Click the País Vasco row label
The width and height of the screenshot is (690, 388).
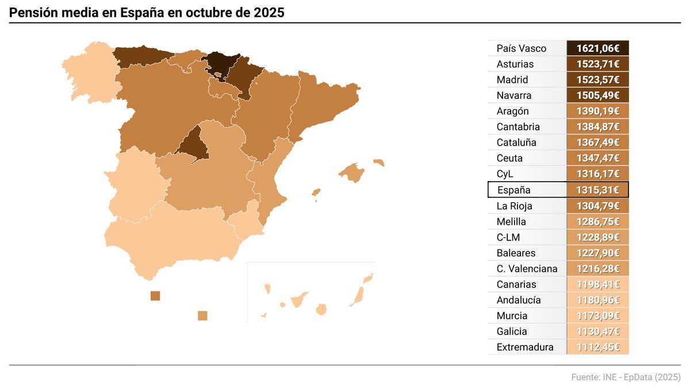(x=521, y=48)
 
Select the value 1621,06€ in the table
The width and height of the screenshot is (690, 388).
(x=597, y=48)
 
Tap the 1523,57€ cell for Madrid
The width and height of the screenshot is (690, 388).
(x=597, y=80)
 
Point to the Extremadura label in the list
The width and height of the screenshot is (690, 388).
(x=524, y=347)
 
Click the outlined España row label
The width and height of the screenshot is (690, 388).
(x=514, y=190)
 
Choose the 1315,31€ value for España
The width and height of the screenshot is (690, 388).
(x=597, y=190)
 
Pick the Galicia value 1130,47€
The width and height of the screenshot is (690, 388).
(x=597, y=332)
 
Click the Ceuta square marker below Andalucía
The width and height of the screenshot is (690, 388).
(x=155, y=295)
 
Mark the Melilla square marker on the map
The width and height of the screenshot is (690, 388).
(x=202, y=316)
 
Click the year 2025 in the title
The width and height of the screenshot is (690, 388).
(x=269, y=13)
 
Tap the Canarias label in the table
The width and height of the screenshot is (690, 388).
(x=516, y=285)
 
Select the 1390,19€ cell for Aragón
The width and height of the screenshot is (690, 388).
(x=597, y=112)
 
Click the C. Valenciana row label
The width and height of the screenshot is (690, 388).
(x=527, y=269)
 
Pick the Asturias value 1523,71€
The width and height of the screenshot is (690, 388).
(x=597, y=64)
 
